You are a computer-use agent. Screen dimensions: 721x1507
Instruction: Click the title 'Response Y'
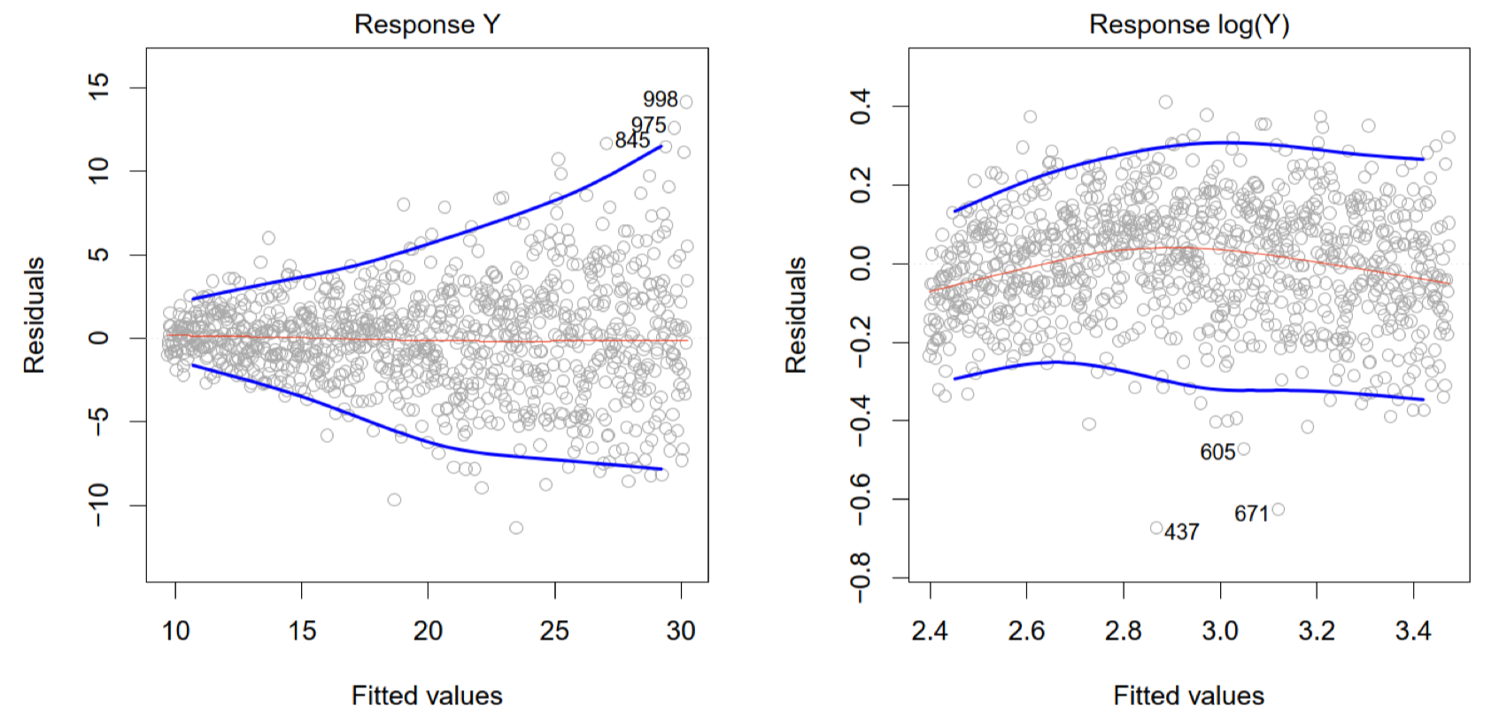pyautogui.click(x=427, y=24)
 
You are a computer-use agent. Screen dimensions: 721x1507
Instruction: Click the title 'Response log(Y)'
pyautogui.click(x=1188, y=24)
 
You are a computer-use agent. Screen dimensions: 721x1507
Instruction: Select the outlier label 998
pyautogui.click(x=660, y=99)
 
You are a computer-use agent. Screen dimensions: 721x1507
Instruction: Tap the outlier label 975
pyautogui.click(x=648, y=125)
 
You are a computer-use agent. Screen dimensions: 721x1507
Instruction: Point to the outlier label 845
pyautogui.click(x=632, y=140)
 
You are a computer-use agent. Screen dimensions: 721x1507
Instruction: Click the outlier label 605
pyautogui.click(x=1217, y=452)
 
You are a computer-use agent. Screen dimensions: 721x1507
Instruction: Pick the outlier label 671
pyautogui.click(x=1251, y=514)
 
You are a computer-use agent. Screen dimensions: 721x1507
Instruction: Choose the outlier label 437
pyautogui.click(x=1181, y=531)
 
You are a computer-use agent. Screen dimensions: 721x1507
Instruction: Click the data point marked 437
pyautogui.click(x=1156, y=528)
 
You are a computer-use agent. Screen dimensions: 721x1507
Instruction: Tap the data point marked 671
pyautogui.click(x=1278, y=509)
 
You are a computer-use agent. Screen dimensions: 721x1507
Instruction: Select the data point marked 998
pyautogui.click(x=685, y=102)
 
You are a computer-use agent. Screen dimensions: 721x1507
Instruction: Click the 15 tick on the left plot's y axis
pyautogui.click(x=98, y=87)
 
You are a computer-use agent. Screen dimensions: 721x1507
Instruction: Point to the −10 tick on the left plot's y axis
pyautogui.click(x=98, y=505)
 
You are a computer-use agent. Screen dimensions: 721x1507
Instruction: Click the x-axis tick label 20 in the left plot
pyautogui.click(x=428, y=631)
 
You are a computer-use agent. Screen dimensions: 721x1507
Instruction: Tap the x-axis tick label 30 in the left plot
pyautogui.click(x=681, y=631)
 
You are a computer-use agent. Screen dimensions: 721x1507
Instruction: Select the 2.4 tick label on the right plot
pyautogui.click(x=929, y=631)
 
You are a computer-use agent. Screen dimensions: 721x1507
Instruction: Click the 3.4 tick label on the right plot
pyautogui.click(x=1413, y=631)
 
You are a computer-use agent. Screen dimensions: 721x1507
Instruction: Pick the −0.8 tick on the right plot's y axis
pyautogui.click(x=860, y=578)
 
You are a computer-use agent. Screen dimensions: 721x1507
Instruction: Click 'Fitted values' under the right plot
pyautogui.click(x=1188, y=695)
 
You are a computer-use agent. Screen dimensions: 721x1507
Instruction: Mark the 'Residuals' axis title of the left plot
pyautogui.click(x=34, y=314)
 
